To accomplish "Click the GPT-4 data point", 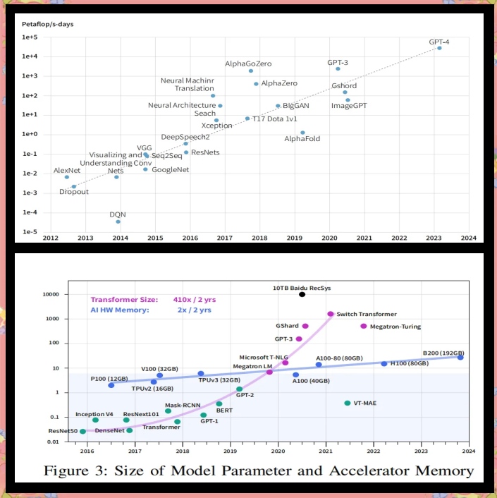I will [439, 48].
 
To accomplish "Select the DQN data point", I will [118, 221].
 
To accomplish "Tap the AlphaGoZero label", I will [248, 63].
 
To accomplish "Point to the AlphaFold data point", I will [302, 132].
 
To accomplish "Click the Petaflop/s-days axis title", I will [47, 24].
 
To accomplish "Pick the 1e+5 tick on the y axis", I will [30, 37].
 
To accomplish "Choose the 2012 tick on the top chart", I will [51, 238].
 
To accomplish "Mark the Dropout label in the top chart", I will [73, 192].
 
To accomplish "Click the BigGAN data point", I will [278, 106].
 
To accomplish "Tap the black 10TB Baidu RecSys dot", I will [302, 294].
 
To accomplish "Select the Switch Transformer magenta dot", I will [330, 314].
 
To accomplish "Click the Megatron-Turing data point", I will [363, 326].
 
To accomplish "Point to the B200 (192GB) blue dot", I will [460, 357].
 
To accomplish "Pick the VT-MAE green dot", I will [347, 403].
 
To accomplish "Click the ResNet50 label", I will [62, 431].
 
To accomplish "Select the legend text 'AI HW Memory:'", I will [116, 310].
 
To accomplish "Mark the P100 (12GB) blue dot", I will [111, 385].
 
